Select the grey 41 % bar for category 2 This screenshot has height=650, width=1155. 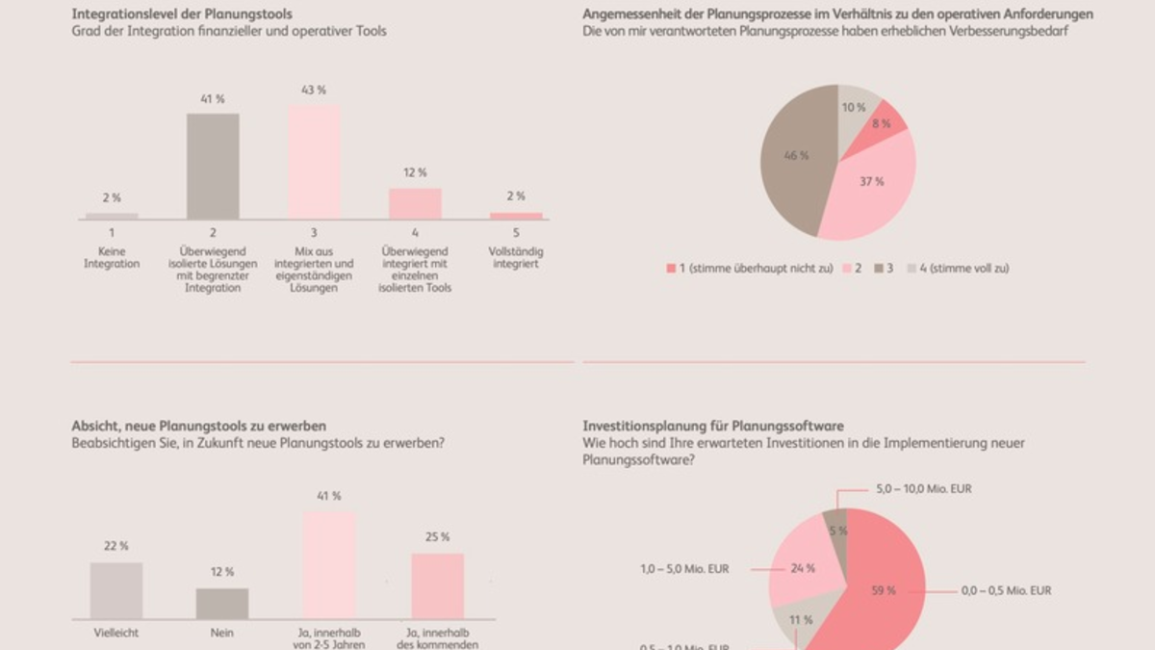pyautogui.click(x=213, y=167)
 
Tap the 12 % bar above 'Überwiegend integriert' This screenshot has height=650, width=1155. pyautogui.click(x=415, y=203)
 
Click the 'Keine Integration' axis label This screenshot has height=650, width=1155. pyautogui.click(x=112, y=258)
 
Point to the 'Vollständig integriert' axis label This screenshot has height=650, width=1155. pyautogui.click(x=516, y=258)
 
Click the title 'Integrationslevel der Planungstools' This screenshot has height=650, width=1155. pyautogui.click(x=182, y=14)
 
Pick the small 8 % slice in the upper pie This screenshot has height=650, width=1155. pyautogui.click(x=885, y=121)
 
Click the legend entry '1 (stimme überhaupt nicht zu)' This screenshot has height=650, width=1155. pyautogui.click(x=750, y=269)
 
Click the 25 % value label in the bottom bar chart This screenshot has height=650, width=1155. pyautogui.click(x=438, y=536)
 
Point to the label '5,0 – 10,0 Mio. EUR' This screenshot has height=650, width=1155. pyautogui.click(x=924, y=489)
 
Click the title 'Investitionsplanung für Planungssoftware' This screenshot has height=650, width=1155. pyautogui.click(x=713, y=426)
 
